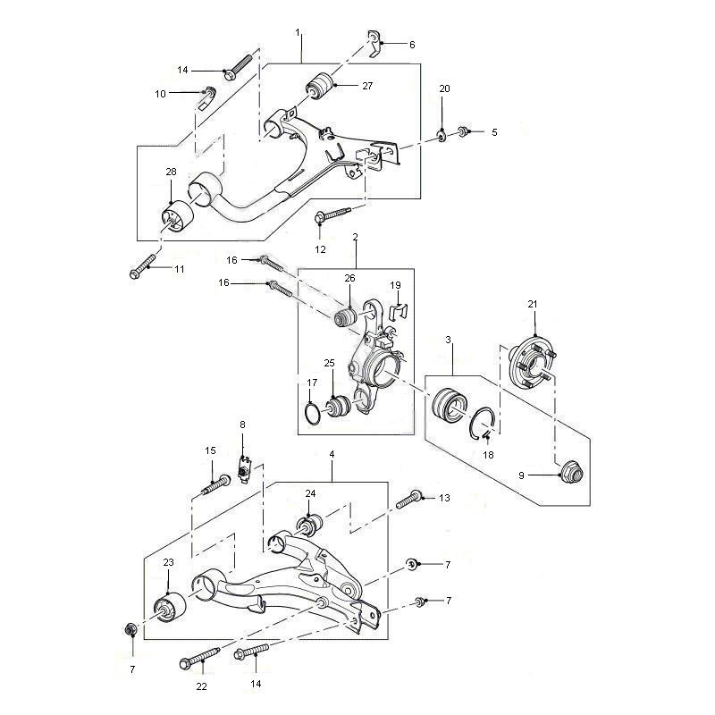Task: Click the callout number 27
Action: point(367,86)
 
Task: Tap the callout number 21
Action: point(533,304)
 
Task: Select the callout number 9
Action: point(522,475)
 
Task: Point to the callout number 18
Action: point(488,455)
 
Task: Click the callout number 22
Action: point(201,686)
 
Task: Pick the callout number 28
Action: point(171,172)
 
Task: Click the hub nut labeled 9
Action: point(572,472)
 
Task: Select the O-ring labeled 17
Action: point(313,414)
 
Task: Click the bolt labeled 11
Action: point(143,266)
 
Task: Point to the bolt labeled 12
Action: point(332,214)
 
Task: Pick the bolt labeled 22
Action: point(199,657)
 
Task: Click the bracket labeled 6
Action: point(374,44)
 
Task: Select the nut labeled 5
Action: point(463,131)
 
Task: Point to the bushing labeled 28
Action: point(178,216)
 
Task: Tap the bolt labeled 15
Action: point(216,486)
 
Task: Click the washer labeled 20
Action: point(442,136)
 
